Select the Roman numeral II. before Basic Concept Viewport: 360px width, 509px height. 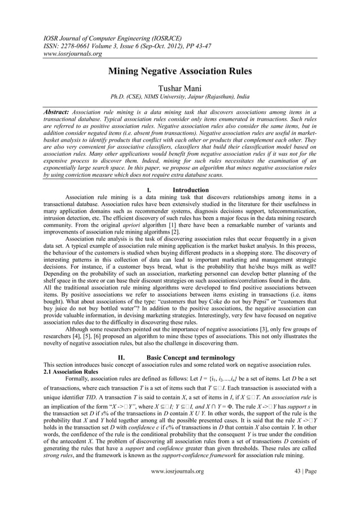pos(120,357)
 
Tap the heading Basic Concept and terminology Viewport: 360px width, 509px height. pos(194,357)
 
